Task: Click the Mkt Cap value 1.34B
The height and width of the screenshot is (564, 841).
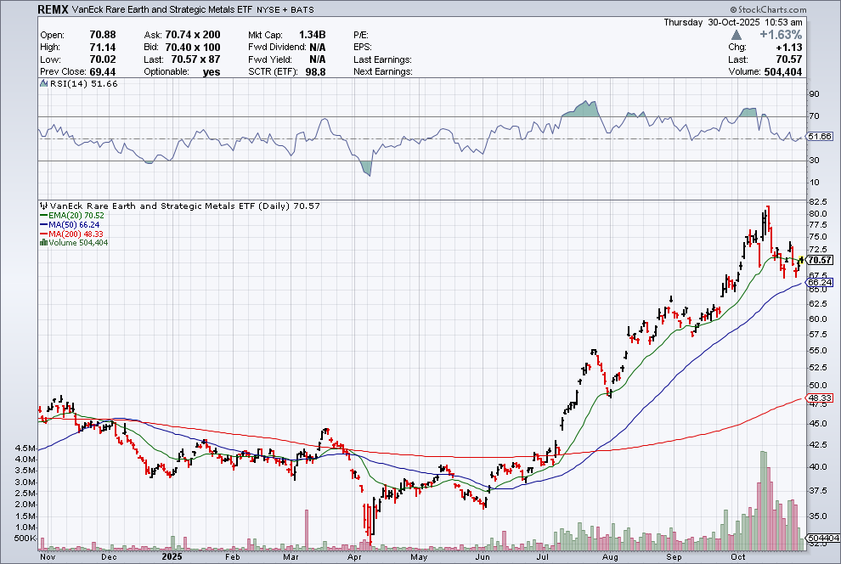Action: tap(309, 35)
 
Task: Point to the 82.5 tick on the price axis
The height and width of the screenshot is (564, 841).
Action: tap(818, 201)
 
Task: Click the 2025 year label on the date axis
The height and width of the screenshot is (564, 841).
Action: tap(173, 556)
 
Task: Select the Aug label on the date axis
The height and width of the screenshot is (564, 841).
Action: tap(609, 556)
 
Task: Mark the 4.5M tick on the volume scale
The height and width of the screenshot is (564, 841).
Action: tap(24, 448)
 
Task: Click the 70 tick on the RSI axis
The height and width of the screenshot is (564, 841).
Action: tap(814, 116)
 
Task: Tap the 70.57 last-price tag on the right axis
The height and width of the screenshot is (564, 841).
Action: tap(819, 260)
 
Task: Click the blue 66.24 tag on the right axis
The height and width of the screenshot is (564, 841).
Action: tap(819, 283)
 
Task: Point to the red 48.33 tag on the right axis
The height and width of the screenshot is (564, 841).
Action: tap(819, 398)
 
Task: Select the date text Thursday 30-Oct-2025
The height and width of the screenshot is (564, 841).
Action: tap(747, 22)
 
